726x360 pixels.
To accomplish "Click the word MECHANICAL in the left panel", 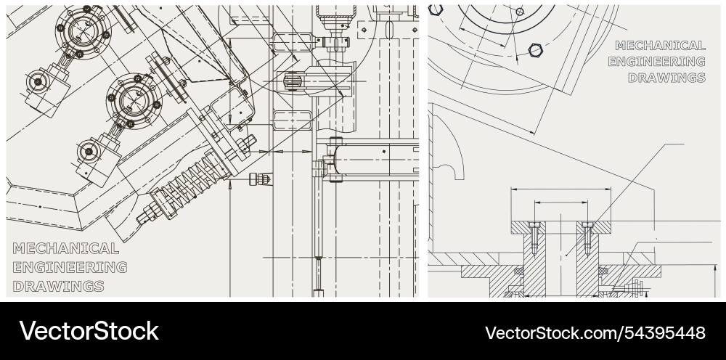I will pyautogui.click(x=66, y=248).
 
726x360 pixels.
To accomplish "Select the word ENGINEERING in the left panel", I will pyautogui.click(x=70, y=266).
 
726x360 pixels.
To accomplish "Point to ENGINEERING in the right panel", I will pyautogui.click(x=656, y=62).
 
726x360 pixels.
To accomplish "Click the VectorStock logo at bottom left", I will pyautogui.click(x=89, y=331).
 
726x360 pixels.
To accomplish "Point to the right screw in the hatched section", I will pyautogui.click(x=588, y=237).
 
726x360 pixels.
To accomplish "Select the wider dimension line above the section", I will pyautogui.click(x=560, y=189).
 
